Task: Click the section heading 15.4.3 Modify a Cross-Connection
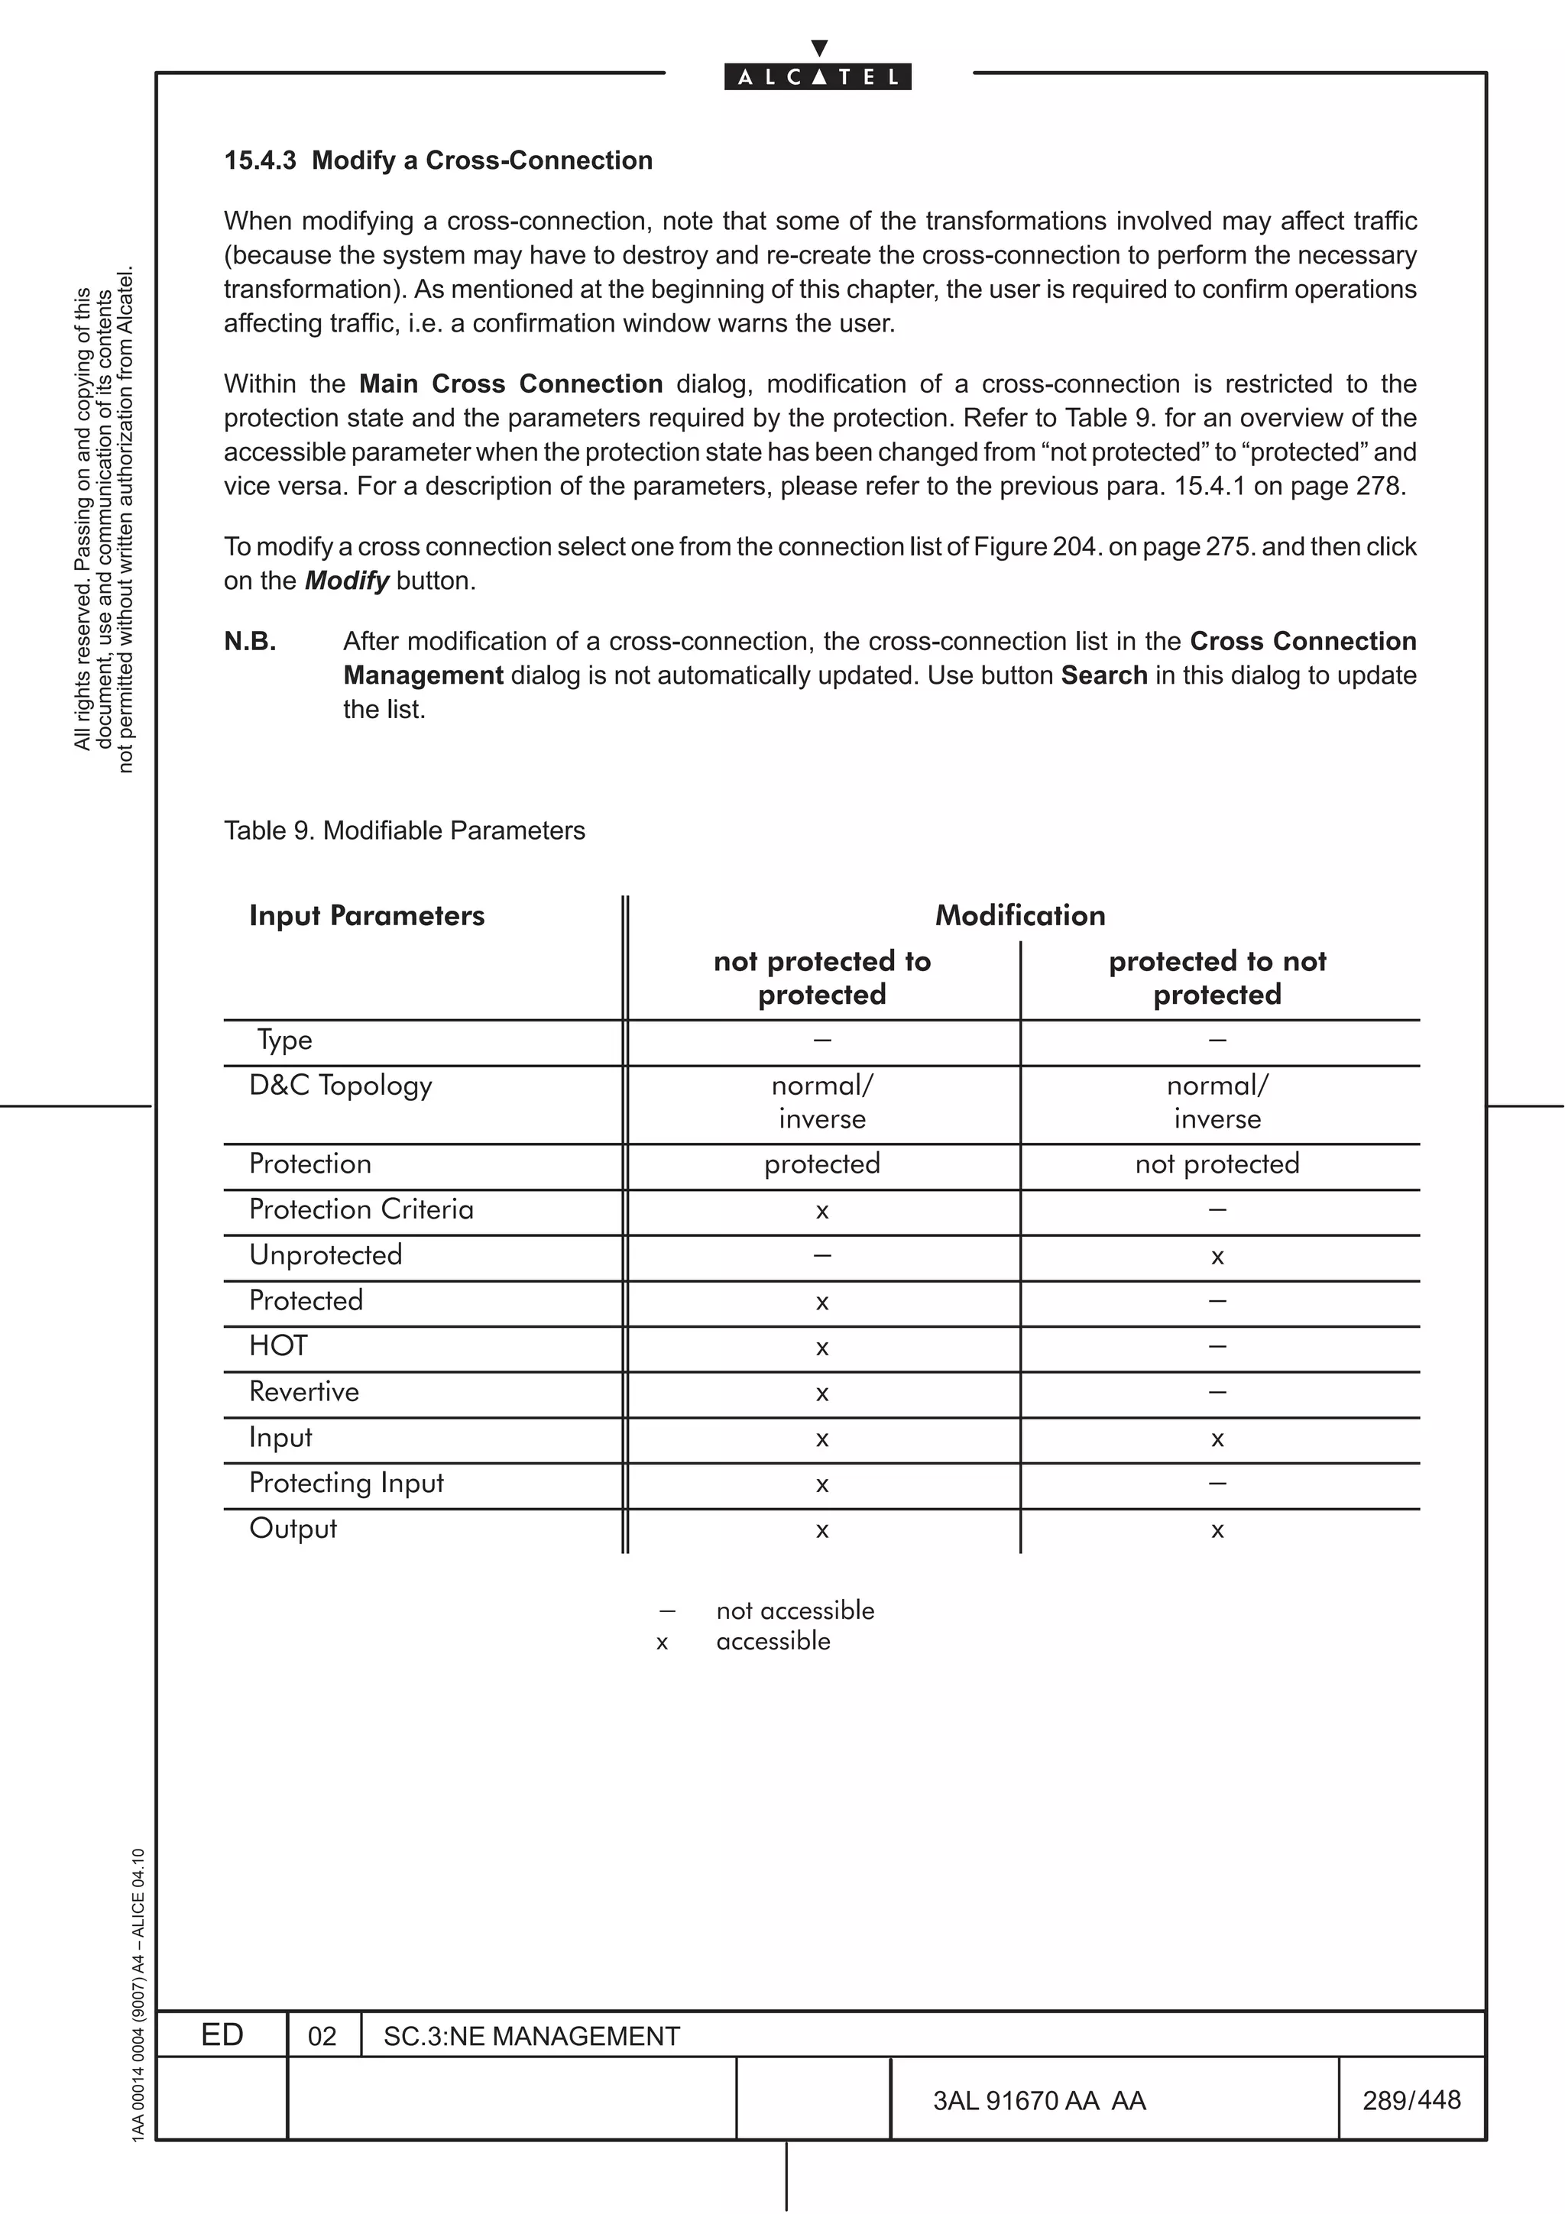click(x=438, y=160)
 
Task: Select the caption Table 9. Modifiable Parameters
click(x=404, y=831)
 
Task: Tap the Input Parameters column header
click(x=367, y=915)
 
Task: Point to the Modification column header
click(x=1020, y=915)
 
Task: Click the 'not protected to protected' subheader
click(x=821, y=977)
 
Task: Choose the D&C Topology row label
click(x=340, y=1086)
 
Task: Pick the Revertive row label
click(x=303, y=1391)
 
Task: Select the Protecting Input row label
click(x=346, y=1482)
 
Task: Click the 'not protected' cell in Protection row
click(x=1217, y=1164)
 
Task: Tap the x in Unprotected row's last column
click(x=1217, y=1257)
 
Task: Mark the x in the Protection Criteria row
click(x=821, y=1211)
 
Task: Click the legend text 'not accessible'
click(x=795, y=1610)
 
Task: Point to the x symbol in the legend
click(x=662, y=1643)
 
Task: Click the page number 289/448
click(x=1411, y=2099)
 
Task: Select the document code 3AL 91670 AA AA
click(x=1038, y=2100)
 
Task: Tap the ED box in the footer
click(x=222, y=2034)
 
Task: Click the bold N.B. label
click(x=250, y=641)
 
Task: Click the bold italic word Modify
click(x=346, y=581)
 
